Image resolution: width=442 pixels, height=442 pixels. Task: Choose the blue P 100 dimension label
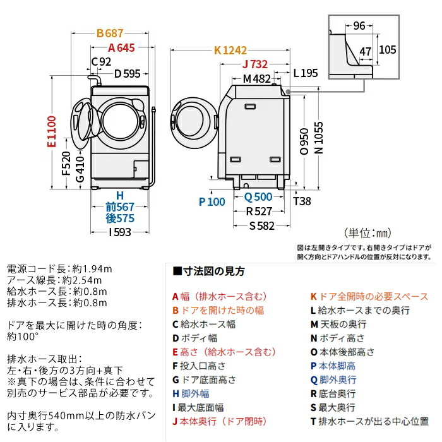point(212,202)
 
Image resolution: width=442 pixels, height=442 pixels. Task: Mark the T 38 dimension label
point(302,202)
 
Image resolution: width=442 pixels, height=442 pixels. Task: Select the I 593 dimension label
point(122,231)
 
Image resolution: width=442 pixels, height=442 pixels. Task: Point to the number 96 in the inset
point(359,26)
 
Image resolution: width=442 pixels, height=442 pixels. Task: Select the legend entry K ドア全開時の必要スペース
point(369,296)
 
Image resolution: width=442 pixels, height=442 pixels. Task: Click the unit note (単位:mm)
point(369,233)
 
